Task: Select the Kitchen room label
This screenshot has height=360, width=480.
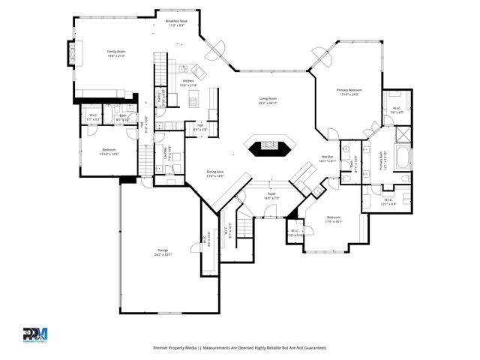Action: point(188,82)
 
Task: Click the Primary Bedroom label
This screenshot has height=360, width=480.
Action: point(349,92)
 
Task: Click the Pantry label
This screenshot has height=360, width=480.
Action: point(160,95)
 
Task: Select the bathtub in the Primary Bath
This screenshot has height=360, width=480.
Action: point(402,159)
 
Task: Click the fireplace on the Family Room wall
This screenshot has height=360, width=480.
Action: point(72,54)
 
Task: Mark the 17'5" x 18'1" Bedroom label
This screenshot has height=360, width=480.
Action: point(334,219)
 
